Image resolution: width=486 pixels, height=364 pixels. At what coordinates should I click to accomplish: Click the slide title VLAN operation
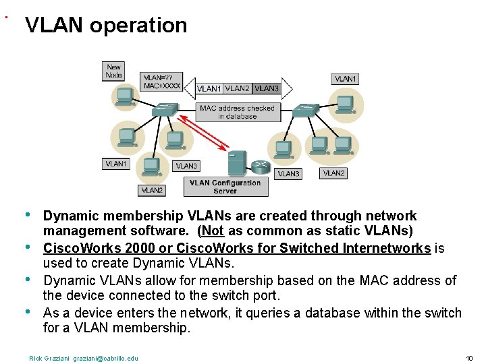pyautogui.click(x=106, y=25)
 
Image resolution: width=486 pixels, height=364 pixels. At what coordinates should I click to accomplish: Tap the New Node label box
pyautogui.click(x=114, y=71)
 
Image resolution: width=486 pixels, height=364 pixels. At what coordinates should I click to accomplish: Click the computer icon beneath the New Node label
pyautogui.click(x=124, y=98)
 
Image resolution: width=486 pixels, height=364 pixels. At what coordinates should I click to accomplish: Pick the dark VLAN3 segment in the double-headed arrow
pyautogui.click(x=267, y=88)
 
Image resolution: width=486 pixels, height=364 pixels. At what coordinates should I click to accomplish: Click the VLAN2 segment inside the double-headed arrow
pyautogui.click(x=237, y=88)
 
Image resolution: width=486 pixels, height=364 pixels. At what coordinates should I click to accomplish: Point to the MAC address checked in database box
pyautogui.click(x=237, y=112)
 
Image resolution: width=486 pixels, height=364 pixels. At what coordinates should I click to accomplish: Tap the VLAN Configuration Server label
pyautogui.click(x=225, y=187)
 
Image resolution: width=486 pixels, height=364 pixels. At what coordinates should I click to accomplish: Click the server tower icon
pyautogui.click(x=236, y=164)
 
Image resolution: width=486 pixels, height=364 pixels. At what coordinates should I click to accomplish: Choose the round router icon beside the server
pyautogui.click(x=260, y=166)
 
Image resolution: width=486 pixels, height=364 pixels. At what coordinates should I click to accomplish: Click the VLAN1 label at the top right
pyautogui.click(x=346, y=79)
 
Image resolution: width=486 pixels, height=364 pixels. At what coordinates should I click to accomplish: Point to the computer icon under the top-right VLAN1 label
pyautogui.click(x=345, y=102)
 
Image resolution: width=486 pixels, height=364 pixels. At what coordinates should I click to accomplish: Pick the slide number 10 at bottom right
pyautogui.click(x=470, y=358)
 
